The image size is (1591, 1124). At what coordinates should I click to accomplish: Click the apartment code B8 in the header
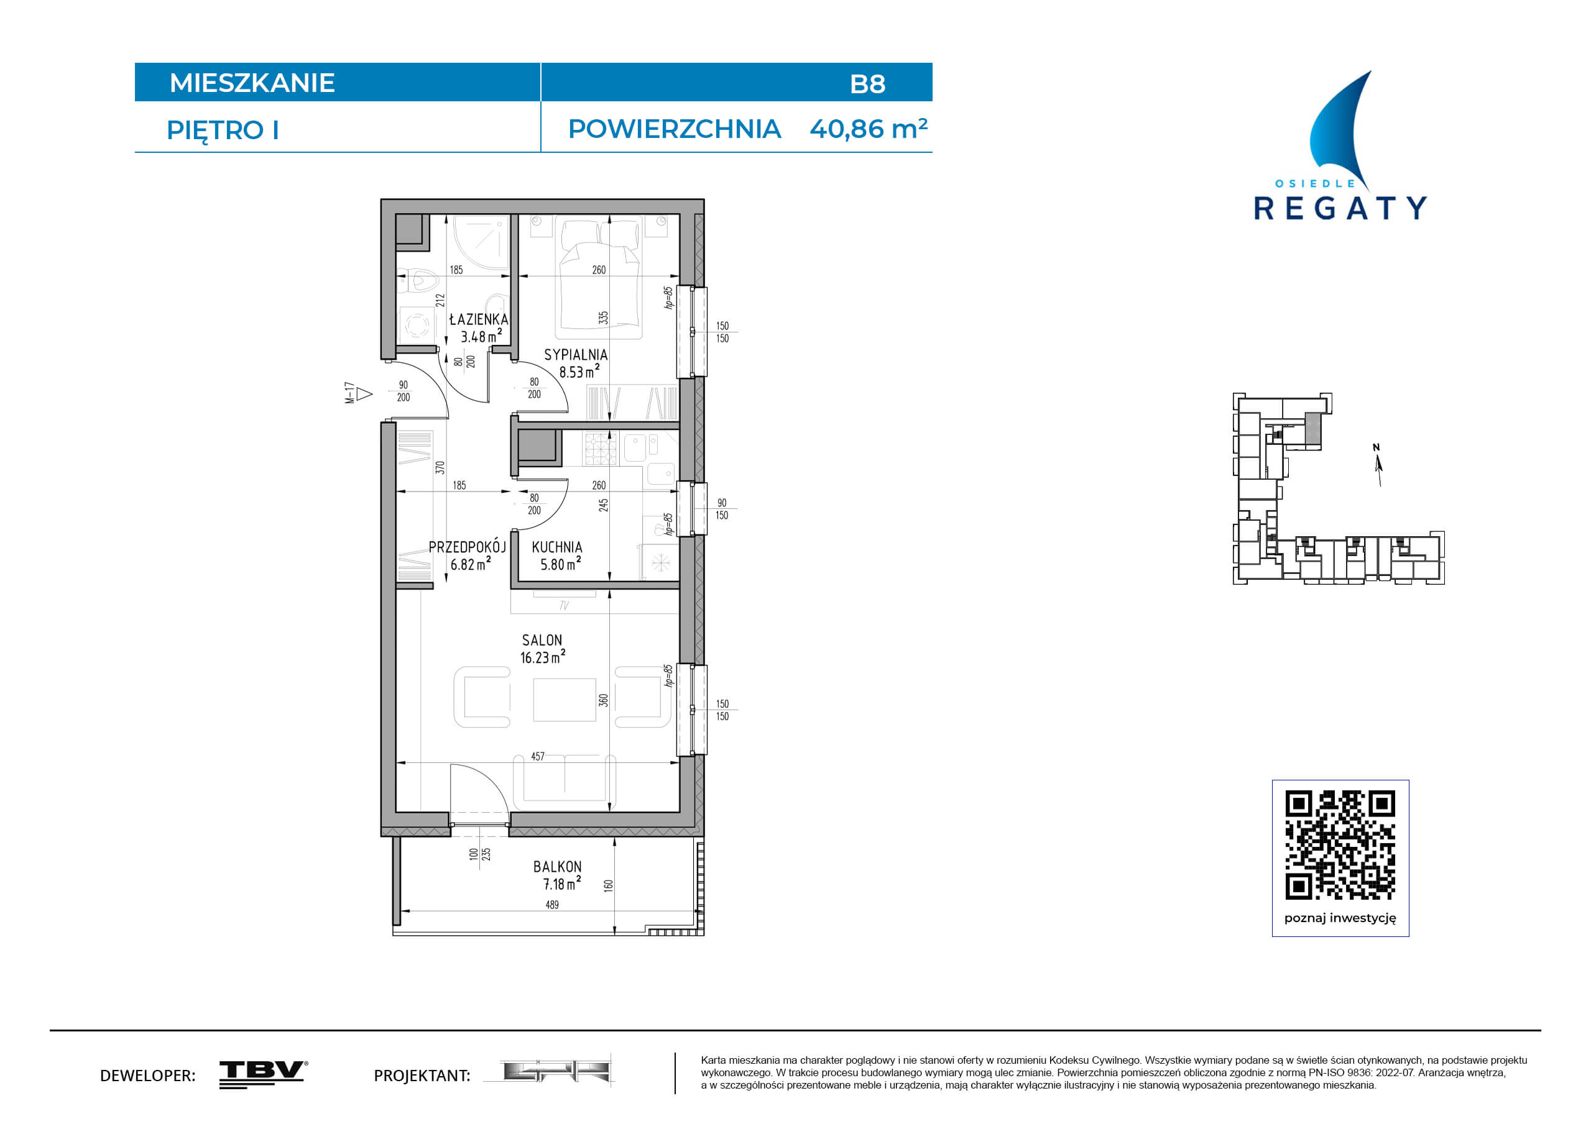[x=867, y=84]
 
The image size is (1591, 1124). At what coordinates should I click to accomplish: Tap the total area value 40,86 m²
[x=869, y=129]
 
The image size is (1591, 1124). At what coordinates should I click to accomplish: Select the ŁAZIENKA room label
[x=479, y=319]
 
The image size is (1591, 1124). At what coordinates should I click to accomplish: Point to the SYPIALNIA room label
[x=576, y=355]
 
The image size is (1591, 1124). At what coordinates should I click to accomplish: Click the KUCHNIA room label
[x=557, y=547]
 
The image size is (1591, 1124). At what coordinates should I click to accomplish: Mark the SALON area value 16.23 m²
[x=543, y=657]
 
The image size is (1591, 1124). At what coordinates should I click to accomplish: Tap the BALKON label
[x=557, y=866]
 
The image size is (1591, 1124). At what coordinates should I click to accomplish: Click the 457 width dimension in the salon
[x=538, y=756]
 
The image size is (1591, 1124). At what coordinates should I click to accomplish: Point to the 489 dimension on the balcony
[x=552, y=905]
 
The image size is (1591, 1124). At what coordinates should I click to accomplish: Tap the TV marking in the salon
[x=564, y=605]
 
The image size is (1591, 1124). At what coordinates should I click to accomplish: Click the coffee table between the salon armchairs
[x=565, y=700]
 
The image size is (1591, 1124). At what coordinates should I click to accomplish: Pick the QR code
[x=1340, y=844]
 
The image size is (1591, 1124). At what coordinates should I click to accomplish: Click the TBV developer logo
[x=264, y=1074]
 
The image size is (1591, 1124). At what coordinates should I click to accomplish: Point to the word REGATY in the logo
[x=1340, y=208]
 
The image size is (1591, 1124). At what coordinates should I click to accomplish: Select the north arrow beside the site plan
[x=1378, y=465]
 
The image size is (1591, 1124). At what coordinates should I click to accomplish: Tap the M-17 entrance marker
[x=357, y=393]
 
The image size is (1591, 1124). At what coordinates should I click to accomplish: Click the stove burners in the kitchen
[x=601, y=449]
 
